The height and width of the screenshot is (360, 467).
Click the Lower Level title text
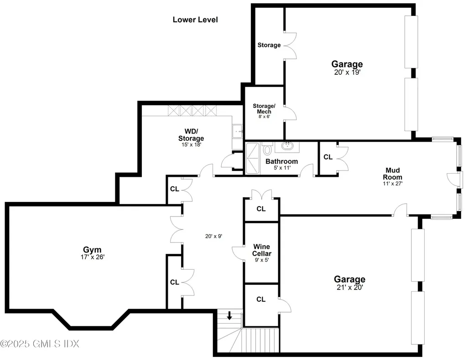coord(195,20)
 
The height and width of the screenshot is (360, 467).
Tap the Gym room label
coord(92,249)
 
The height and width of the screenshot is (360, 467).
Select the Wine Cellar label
coord(262,250)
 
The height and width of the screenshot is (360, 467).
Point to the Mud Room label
coord(392,174)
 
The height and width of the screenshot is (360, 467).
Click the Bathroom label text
coord(281,161)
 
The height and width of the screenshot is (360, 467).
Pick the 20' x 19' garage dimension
coord(347,72)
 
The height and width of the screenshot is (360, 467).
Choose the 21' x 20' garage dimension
coord(349,287)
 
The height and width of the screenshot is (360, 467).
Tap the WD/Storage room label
coord(191,135)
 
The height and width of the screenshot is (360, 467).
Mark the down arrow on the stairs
coord(229,315)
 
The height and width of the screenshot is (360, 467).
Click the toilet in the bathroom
coord(268,149)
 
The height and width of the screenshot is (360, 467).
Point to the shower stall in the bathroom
coord(252,158)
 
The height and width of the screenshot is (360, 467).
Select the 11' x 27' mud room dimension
coord(392,184)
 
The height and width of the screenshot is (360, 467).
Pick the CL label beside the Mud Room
coord(328,157)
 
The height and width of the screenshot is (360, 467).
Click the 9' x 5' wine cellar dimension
coord(262,261)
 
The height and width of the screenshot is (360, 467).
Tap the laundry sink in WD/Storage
coord(238,132)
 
